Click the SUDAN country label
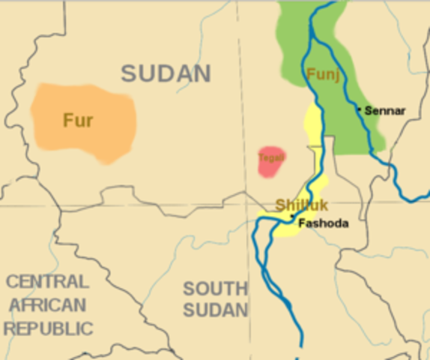166,73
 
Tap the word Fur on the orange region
78,120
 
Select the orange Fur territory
105,139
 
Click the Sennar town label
385,111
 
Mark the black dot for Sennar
360,109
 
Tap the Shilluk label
302,205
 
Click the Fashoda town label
323,223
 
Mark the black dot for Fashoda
292,217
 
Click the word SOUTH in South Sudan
215,289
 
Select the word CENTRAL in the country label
46,282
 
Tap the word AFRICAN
48,305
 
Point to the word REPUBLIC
48,328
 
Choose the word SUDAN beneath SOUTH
215,310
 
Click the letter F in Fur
67,120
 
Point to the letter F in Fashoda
301,223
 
